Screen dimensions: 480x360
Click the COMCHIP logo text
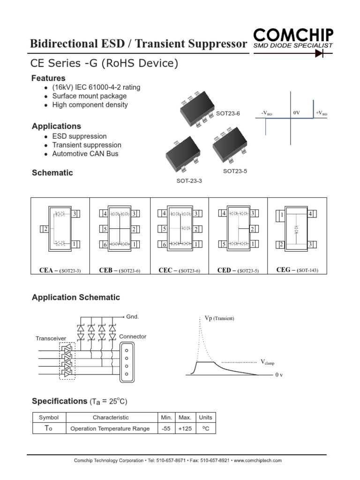[293, 35]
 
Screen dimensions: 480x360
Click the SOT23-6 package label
[228, 113]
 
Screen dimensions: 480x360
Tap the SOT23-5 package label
[235, 171]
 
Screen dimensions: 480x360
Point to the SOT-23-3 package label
[189, 181]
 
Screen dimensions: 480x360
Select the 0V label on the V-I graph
[296, 113]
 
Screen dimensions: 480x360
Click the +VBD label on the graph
[322, 113]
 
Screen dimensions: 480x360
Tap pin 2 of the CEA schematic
[45, 229]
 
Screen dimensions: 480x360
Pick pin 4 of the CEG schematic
[310, 214]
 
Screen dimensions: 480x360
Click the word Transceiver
[51, 338]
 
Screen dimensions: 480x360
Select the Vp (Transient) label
[219, 318]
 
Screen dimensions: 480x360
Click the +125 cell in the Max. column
[185, 428]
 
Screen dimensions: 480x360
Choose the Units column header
[205, 417]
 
